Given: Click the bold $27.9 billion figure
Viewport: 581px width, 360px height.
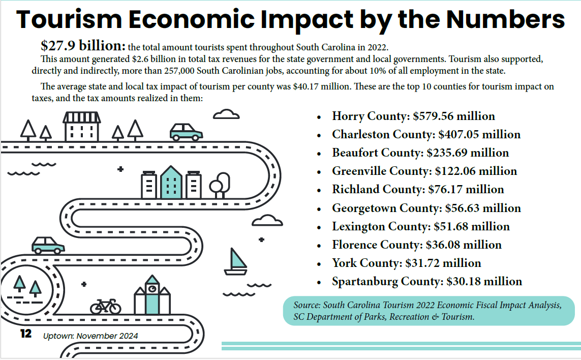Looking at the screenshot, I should coord(83,46).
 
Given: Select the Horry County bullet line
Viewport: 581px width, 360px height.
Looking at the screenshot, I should coord(413,116).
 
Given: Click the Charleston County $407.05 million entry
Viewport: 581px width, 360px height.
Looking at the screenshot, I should coord(426,135).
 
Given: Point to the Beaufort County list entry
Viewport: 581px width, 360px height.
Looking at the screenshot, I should coord(420,153).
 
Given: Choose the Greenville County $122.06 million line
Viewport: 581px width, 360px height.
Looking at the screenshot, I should coord(424,171).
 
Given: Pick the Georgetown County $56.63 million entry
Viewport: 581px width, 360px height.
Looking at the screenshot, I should coord(426,208).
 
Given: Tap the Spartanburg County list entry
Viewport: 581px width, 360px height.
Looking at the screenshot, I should coord(426,281).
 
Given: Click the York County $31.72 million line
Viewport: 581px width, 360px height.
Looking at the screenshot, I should coord(406,263).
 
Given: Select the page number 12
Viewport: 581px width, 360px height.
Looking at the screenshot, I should coord(25,334).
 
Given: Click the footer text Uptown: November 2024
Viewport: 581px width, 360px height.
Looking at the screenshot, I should coord(90,336).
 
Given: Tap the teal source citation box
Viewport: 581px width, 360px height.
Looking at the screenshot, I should coord(429,311).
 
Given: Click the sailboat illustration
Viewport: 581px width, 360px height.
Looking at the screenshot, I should coord(236,262).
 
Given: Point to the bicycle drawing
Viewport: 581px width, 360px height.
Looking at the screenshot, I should coord(106,306).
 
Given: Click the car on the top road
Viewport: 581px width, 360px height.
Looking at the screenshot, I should coord(186,132).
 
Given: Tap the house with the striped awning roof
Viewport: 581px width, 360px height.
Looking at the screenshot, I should coord(81,127).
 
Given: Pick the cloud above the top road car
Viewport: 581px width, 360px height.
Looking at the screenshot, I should coord(226,114).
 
